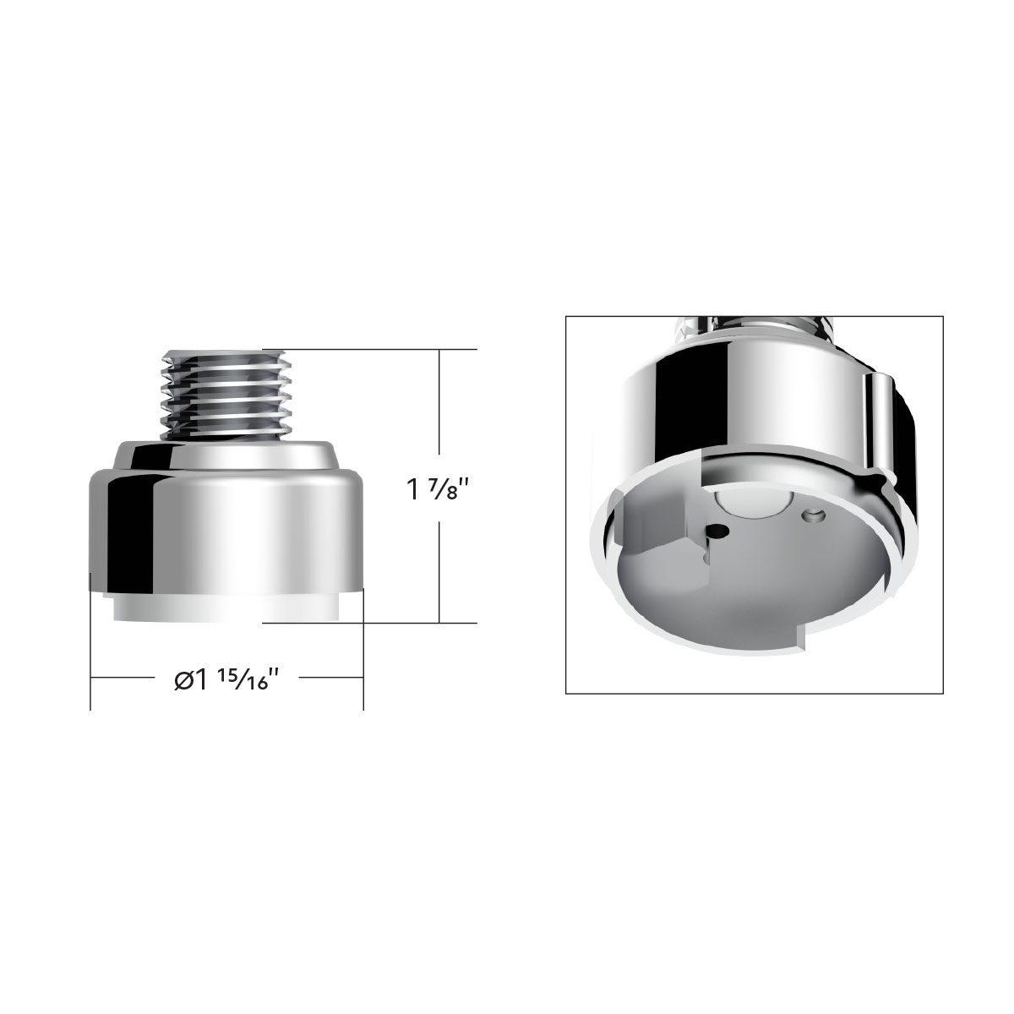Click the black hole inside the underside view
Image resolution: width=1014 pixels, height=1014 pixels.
point(717,532)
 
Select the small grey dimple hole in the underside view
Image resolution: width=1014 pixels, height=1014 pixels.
point(815,515)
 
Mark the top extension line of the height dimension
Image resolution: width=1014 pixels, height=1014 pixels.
point(372,349)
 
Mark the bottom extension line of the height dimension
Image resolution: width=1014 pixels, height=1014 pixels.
point(372,623)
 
